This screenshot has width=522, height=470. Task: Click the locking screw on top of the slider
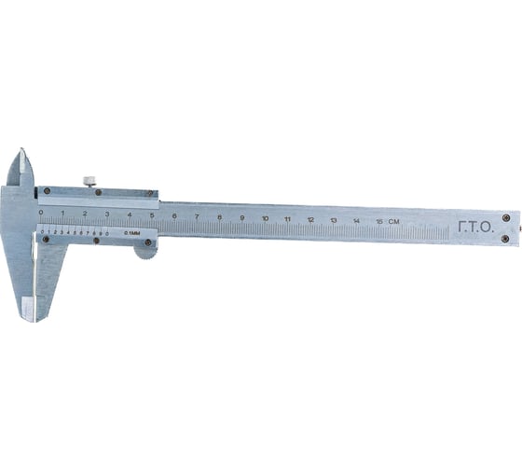pos(89,181)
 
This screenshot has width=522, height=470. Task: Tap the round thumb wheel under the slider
pos(145,248)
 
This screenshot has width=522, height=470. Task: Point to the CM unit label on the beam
pos(394,221)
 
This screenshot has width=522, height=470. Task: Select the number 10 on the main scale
pos(266,218)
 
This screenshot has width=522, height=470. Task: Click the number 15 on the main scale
pos(378,221)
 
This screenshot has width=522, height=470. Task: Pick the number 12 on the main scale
pos(310,219)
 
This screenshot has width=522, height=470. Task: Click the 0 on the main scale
pos(40,213)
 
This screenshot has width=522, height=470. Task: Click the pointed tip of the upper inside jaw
pos(20,151)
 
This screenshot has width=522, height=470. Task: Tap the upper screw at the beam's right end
pos(505,217)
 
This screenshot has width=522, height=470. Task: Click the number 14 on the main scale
pos(356,220)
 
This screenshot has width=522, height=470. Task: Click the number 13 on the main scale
pos(334,220)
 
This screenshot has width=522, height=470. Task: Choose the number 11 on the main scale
pos(288,219)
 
